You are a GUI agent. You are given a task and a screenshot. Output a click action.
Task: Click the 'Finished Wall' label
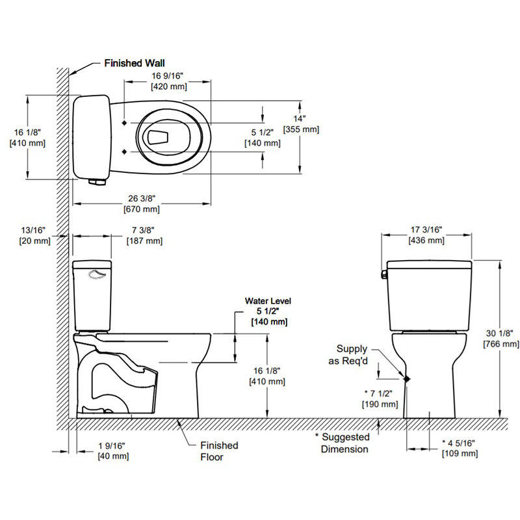click(x=135, y=64)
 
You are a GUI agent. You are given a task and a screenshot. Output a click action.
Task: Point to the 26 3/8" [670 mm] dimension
click(x=141, y=203)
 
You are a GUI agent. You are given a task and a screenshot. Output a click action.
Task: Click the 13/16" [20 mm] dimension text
click(x=34, y=235)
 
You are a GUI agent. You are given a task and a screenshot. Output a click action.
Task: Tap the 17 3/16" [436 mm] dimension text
click(x=426, y=235)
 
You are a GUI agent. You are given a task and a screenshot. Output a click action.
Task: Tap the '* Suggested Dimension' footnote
click(x=342, y=443)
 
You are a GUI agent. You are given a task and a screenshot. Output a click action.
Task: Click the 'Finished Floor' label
click(x=218, y=450)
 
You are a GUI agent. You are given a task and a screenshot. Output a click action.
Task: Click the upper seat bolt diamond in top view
click(x=123, y=123)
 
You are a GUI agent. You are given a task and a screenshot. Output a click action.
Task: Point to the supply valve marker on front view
click(x=407, y=378)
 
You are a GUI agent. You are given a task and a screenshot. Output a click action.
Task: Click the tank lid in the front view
click(x=429, y=264)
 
